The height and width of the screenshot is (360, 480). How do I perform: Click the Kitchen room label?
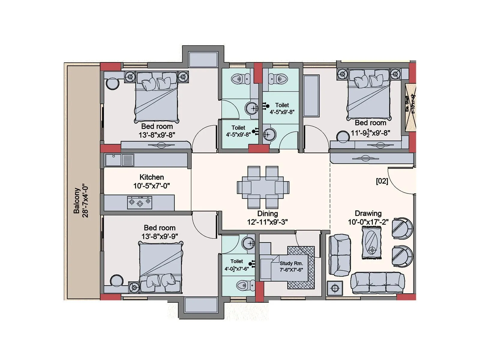tap(152, 177)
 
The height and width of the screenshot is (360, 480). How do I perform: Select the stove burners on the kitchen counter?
tap(140, 202)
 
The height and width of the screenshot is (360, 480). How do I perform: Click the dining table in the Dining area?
tap(263, 187)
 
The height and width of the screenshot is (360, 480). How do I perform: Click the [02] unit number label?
tap(382, 181)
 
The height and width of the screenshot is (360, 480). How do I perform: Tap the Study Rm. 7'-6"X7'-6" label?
tap(291, 266)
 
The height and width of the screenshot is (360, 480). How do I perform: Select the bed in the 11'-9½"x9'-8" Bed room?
tap(369, 94)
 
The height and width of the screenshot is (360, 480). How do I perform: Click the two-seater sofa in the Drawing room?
tap(340, 255)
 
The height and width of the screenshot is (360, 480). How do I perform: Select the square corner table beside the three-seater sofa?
tap(335, 289)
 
